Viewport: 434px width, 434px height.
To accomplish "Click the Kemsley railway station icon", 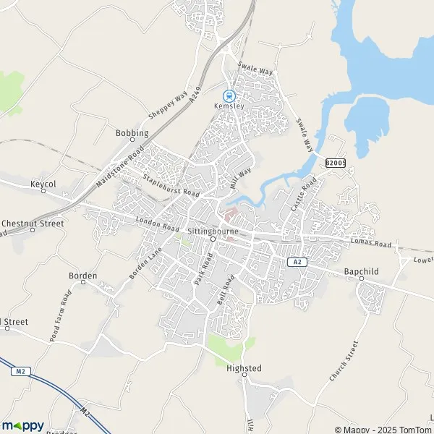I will pyautogui.click(x=229, y=95).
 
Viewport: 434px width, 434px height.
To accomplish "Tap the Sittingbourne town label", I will pyautogui.click(x=213, y=230).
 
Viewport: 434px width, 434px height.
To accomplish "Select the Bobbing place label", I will pyautogui.click(x=132, y=133).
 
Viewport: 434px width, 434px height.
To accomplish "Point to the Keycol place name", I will pyautogui.click(x=43, y=184).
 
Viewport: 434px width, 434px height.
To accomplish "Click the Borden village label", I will pyautogui.click(x=82, y=276).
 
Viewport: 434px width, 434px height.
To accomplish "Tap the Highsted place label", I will pyautogui.click(x=244, y=368).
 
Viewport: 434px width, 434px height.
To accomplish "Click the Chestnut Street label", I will pyautogui.click(x=33, y=224).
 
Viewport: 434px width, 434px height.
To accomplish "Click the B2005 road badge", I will pyautogui.click(x=335, y=164).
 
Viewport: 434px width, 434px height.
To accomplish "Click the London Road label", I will pyautogui.click(x=157, y=224).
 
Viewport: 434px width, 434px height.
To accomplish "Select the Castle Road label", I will pyautogui.click(x=299, y=197).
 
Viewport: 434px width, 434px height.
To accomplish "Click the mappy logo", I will pyautogui.click(x=23, y=425).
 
